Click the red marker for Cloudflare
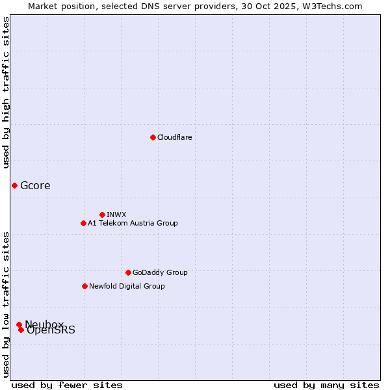point(153,137)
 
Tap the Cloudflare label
point(174,138)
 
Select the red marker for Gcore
point(14,185)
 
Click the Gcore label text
point(35,186)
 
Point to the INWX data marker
point(102,214)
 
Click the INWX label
point(116,215)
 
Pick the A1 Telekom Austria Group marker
point(83,223)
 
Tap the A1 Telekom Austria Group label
point(133,224)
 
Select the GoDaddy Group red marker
point(128,272)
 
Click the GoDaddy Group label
point(159,273)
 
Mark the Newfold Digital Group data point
point(84,286)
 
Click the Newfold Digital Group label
point(127,287)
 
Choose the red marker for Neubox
point(19,324)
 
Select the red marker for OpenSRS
point(21,330)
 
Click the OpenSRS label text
point(51,331)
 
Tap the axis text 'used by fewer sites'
point(67,385)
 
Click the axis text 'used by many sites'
point(326,385)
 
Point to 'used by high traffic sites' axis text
point(6,92)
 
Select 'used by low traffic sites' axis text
point(6,304)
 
